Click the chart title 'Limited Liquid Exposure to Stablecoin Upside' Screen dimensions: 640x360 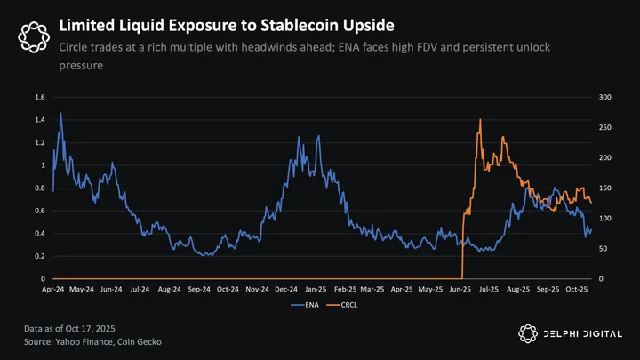coord(227,25)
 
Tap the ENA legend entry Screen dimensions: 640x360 coord(305,305)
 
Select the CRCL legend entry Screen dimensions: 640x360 coord(342,305)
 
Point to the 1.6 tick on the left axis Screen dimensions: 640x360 coord(40,97)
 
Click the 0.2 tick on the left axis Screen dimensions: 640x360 coord(40,256)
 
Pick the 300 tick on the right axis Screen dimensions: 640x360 coord(605,97)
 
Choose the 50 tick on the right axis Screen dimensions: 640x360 coord(604,249)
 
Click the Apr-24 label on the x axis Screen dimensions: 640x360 coord(53,290)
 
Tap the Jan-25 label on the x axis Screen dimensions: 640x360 coord(316,290)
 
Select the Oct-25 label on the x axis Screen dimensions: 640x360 coord(577,290)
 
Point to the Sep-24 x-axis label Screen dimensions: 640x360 coord(199,290)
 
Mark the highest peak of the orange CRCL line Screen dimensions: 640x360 coord(480,120)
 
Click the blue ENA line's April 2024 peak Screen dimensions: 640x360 coord(60,113)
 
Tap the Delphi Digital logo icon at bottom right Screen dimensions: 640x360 coord(528,334)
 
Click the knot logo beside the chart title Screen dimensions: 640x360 coord(34,37)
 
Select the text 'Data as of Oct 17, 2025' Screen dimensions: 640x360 coord(69,329)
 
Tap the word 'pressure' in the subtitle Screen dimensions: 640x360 coord(81,66)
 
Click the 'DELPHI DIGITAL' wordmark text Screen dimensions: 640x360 coord(583,334)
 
